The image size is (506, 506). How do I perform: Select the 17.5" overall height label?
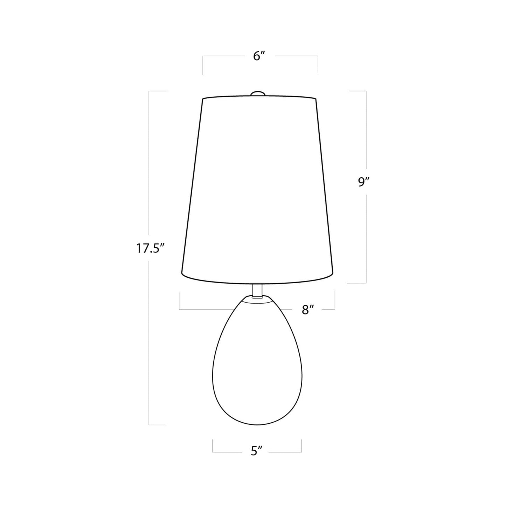click(x=150, y=249)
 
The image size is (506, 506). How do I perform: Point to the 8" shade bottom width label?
click(x=307, y=310)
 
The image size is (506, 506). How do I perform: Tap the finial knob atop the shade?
click(x=257, y=93)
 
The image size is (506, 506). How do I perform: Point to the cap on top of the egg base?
click(x=257, y=299)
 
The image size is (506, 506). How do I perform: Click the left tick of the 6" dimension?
click(x=203, y=65)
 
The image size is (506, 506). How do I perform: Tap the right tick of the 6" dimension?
click(x=318, y=65)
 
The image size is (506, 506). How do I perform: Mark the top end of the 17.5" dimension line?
click(x=150, y=91)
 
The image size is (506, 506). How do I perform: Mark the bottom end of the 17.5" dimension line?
click(x=150, y=425)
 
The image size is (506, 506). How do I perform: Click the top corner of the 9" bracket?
click(x=366, y=91)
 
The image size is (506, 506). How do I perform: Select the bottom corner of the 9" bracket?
click(x=366, y=283)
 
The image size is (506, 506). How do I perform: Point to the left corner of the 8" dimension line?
click(x=179, y=309)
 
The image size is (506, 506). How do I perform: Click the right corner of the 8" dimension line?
click(x=335, y=309)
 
